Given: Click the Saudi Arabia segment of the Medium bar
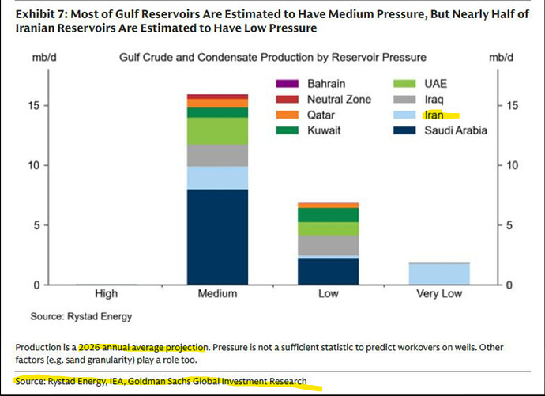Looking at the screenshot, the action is (217, 237).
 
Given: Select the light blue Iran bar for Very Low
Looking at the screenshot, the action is (439, 274).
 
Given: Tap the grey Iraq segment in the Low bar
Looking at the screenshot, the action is (329, 246).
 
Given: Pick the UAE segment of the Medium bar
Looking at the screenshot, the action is (217, 131).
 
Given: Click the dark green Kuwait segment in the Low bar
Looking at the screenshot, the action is (329, 215).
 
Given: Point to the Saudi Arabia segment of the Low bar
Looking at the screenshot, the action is (329, 272).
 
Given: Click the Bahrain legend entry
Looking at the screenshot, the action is (310, 84).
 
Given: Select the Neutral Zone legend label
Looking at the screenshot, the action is (339, 100).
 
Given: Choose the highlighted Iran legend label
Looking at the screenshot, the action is (434, 115).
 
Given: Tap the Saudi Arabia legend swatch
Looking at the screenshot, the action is (404, 130).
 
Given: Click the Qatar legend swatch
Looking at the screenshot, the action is (287, 115).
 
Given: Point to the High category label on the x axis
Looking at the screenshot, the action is (107, 294).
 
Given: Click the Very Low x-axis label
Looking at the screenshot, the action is (439, 294).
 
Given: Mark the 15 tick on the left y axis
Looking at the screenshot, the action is (34, 106).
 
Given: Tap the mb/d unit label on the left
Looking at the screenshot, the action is (44, 58).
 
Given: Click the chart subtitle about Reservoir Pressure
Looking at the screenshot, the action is (272, 58).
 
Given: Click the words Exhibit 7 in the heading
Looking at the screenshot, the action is (41, 14).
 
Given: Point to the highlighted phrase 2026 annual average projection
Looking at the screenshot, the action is (143, 347).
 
